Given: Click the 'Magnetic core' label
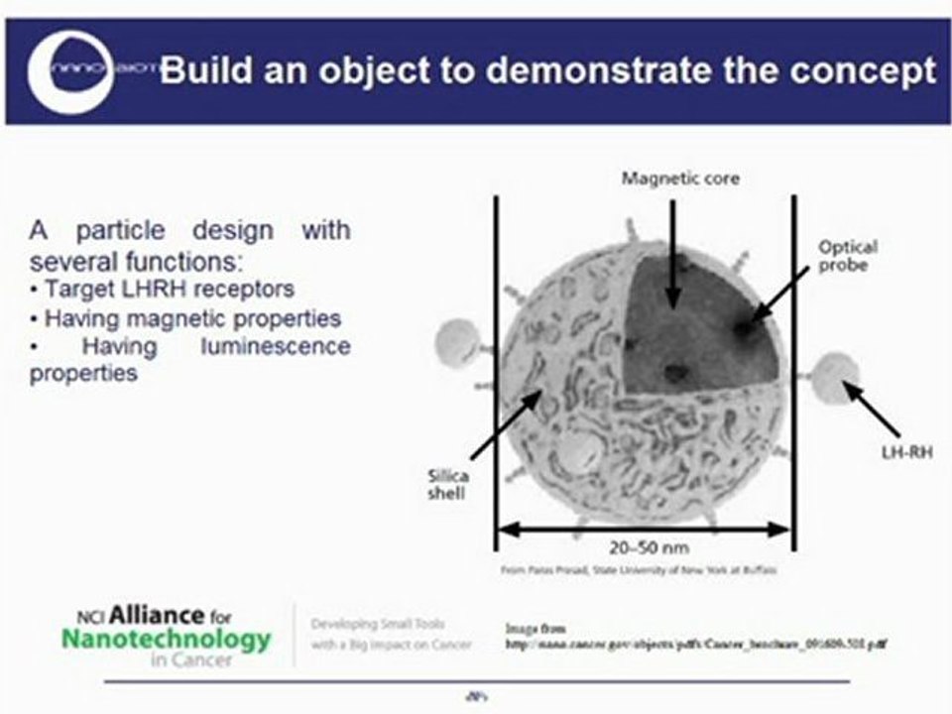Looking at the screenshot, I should click(x=666, y=178).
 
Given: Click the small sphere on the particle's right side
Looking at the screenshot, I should click(x=834, y=382).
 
